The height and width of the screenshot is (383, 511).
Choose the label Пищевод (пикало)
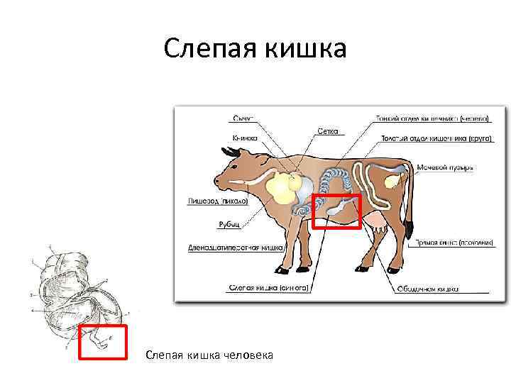coord(218,201)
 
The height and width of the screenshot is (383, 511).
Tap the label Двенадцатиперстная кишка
coord(235,248)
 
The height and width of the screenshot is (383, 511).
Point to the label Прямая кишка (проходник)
coord(454,243)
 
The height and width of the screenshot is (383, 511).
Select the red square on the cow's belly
coord(336,211)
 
